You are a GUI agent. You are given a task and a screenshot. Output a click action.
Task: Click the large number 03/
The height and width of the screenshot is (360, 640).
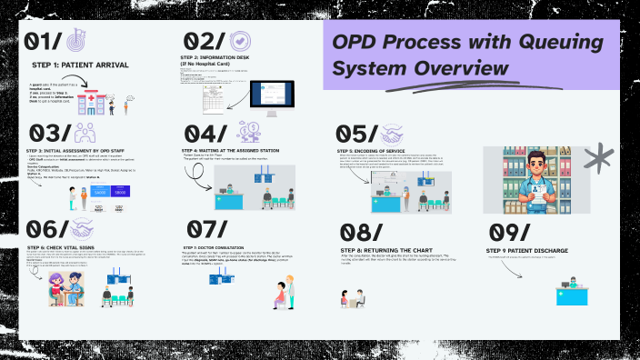coord(44,135)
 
